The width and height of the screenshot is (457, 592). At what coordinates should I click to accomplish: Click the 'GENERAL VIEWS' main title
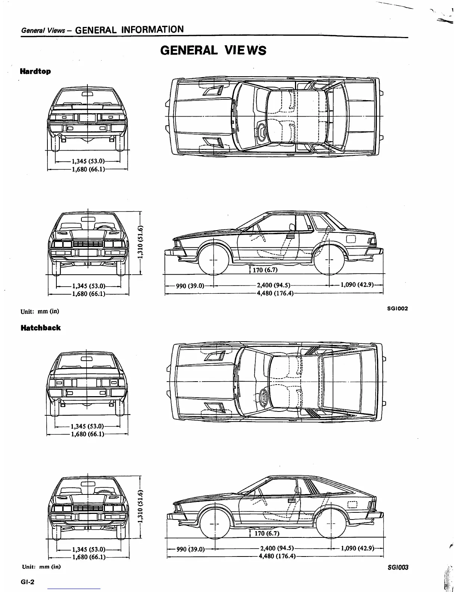point(213,50)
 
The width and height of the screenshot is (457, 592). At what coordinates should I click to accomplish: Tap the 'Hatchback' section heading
point(40,328)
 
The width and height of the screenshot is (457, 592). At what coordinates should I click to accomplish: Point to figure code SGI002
point(398,309)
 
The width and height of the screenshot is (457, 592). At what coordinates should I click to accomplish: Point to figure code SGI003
point(398,567)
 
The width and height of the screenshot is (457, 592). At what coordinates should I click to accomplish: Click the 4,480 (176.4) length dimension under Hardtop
point(275,293)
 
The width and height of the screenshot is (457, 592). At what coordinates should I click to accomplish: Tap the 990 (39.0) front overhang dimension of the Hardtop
point(190,286)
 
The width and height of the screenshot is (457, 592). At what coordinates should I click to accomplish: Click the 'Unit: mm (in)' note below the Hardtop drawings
point(40,311)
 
